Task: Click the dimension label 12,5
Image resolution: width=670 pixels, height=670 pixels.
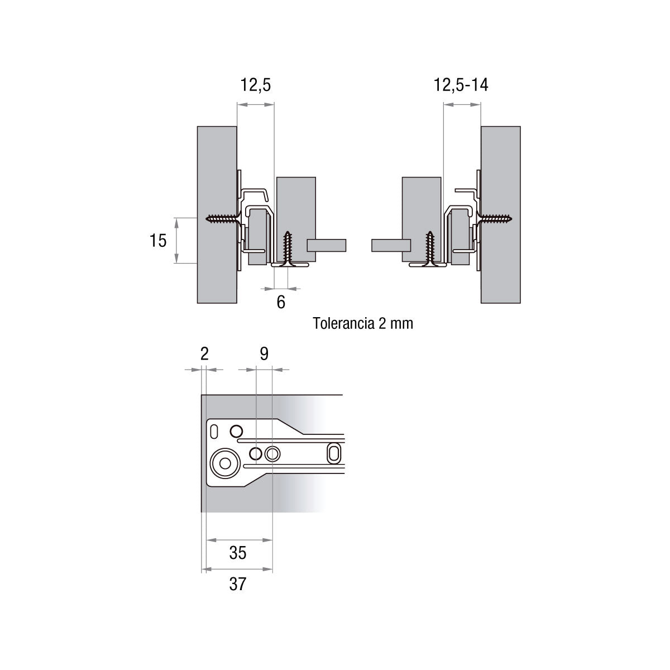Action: pyautogui.click(x=256, y=85)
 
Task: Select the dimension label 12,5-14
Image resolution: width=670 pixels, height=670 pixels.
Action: pyautogui.click(x=461, y=85)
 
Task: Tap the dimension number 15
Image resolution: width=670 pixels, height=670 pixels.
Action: pyautogui.click(x=158, y=241)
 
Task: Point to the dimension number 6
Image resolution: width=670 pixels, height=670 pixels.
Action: pyautogui.click(x=281, y=302)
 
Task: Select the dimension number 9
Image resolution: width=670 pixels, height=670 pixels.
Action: pyautogui.click(x=264, y=354)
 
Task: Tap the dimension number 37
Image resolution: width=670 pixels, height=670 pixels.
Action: pyautogui.click(x=238, y=584)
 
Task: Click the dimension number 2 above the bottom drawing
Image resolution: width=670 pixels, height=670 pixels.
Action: pyautogui.click(x=204, y=354)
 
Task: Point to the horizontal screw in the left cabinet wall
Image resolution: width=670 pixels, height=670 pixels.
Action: pyautogui.click(x=223, y=219)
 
